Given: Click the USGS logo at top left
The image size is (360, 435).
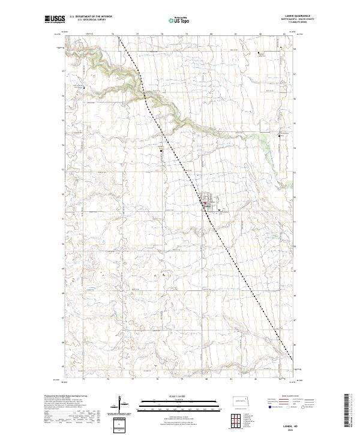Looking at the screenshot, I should click(x=55, y=19).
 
